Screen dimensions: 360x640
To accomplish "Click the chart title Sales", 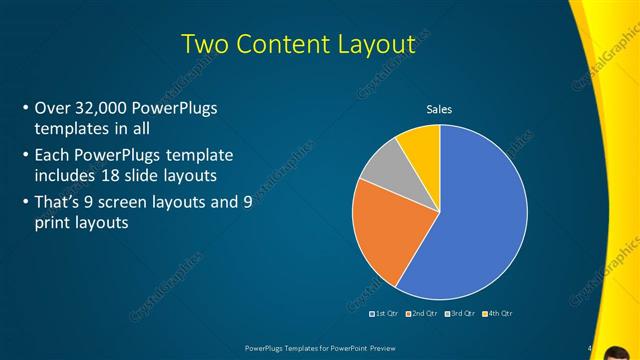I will pyautogui.click(x=440, y=108).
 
